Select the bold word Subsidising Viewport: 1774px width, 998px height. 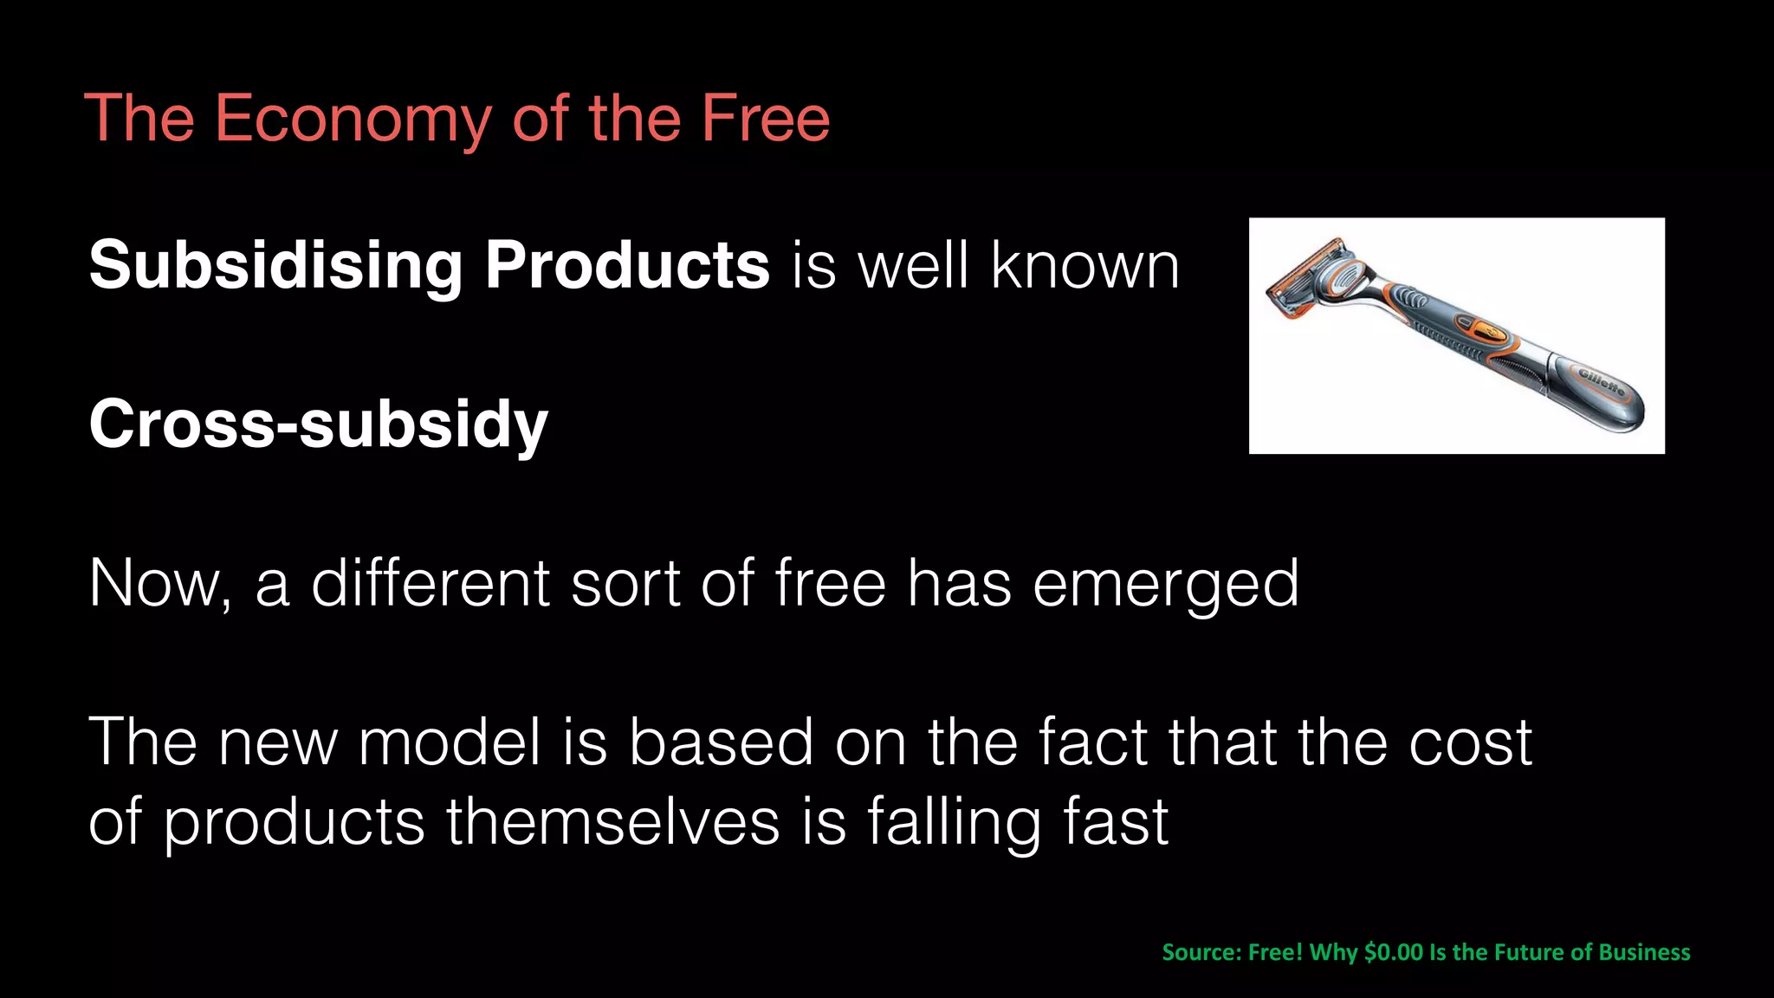click(x=275, y=265)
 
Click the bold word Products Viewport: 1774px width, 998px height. click(x=627, y=265)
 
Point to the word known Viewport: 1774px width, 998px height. click(x=1084, y=265)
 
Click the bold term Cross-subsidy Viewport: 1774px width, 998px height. click(x=318, y=424)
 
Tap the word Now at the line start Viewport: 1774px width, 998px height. click(x=159, y=583)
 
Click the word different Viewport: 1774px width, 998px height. click(x=431, y=583)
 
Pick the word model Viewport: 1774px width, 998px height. click(x=450, y=742)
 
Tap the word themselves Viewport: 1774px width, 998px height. click(x=612, y=822)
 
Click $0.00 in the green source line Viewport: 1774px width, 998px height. click(x=1393, y=952)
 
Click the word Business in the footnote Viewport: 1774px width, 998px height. click(x=1644, y=952)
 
